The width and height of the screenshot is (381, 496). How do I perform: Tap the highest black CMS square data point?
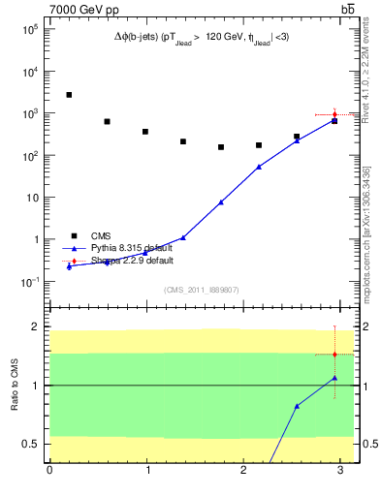pyautogui.click(x=69, y=95)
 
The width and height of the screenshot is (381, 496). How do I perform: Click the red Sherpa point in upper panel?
pyautogui.click(x=334, y=115)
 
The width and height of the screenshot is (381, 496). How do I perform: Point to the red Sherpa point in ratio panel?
pyautogui.click(x=334, y=355)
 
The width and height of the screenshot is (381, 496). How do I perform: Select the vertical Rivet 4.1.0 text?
pyautogui.click(x=365, y=74)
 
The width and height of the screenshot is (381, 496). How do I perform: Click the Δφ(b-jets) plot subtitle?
pyautogui.click(x=201, y=37)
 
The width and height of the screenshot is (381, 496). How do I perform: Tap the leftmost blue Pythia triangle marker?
pyautogui.click(x=69, y=266)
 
